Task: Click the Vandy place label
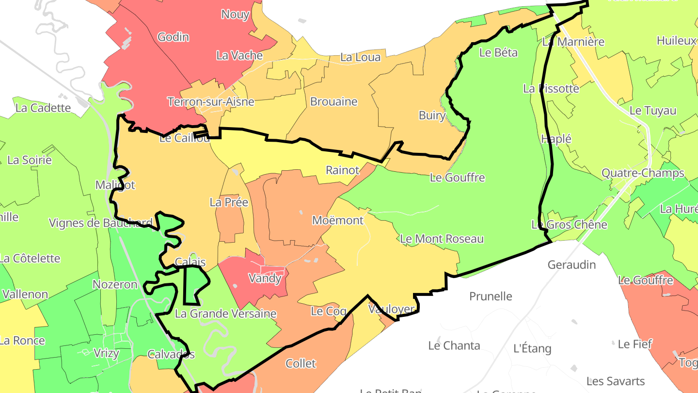click(x=265, y=278)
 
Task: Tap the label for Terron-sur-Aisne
click(x=210, y=102)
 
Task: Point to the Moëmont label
click(x=338, y=220)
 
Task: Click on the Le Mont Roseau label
click(x=442, y=239)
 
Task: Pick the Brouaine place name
click(x=333, y=102)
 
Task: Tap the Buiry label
click(x=432, y=115)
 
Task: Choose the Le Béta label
click(x=498, y=52)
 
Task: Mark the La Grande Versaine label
click(x=225, y=314)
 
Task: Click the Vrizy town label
click(x=106, y=353)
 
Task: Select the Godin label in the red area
click(x=173, y=37)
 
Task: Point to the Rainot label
click(x=343, y=170)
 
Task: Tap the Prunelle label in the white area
click(x=491, y=296)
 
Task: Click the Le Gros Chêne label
click(x=569, y=225)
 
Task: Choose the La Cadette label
click(x=43, y=108)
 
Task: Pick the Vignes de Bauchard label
click(x=101, y=223)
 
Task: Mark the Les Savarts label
click(x=616, y=381)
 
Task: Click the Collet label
click(x=301, y=363)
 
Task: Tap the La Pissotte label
click(x=551, y=89)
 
